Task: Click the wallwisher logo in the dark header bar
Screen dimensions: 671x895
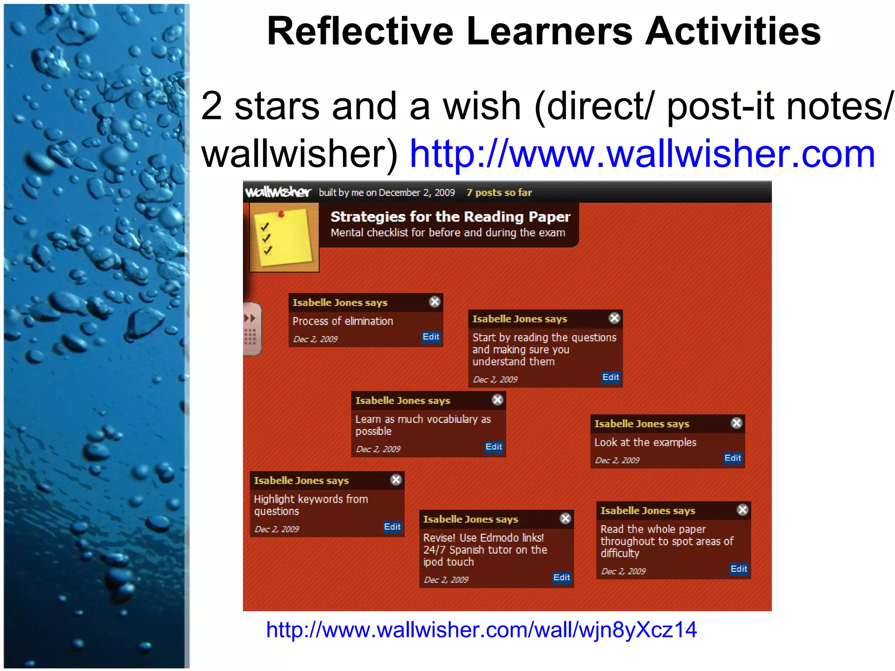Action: [x=278, y=192]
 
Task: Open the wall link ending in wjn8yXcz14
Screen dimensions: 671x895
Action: [x=481, y=630]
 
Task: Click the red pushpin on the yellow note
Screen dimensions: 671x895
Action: [x=281, y=214]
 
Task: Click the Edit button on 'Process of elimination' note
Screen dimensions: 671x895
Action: [x=430, y=337]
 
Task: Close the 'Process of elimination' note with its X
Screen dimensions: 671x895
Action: [x=434, y=302]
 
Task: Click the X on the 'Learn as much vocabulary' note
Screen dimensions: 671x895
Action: [x=497, y=400]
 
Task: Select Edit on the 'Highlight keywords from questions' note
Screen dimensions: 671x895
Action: [x=392, y=527]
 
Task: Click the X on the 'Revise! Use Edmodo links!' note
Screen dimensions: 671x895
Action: [x=565, y=519]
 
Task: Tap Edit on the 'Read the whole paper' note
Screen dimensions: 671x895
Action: [x=739, y=569]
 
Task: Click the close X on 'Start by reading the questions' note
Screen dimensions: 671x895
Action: [x=614, y=318]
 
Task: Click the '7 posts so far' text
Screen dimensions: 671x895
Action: [x=499, y=193]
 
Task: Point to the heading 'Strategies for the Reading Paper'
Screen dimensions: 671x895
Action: [x=450, y=217]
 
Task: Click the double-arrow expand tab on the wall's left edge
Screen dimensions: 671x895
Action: [x=250, y=318]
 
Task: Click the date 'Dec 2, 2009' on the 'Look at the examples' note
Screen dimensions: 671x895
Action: [x=617, y=460]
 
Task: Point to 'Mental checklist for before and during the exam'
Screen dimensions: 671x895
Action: [x=447, y=233]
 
